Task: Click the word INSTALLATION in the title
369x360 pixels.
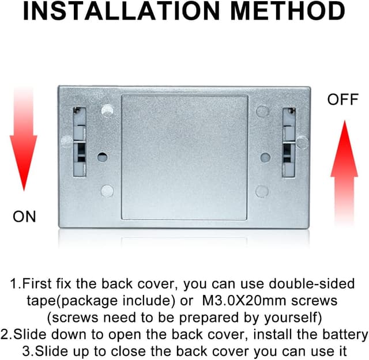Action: point(122,11)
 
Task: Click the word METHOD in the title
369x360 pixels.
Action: point(288,11)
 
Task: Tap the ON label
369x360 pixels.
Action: point(24,217)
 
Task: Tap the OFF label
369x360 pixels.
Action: point(343,99)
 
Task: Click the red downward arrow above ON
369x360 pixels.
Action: point(24,139)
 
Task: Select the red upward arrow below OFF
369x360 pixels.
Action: point(344,173)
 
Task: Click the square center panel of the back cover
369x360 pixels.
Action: point(184,158)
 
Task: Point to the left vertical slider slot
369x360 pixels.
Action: point(80,142)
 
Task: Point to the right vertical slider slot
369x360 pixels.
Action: point(289,142)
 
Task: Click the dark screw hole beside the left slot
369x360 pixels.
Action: point(102,157)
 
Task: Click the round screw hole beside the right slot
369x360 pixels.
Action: point(265,157)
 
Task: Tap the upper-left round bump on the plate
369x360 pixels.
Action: point(107,111)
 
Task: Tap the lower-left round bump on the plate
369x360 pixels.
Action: point(107,191)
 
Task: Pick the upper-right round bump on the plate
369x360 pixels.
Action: point(263,112)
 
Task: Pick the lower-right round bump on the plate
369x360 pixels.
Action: point(262,191)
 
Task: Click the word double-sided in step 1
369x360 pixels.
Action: point(311,283)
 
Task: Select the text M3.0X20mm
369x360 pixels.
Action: point(244,301)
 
